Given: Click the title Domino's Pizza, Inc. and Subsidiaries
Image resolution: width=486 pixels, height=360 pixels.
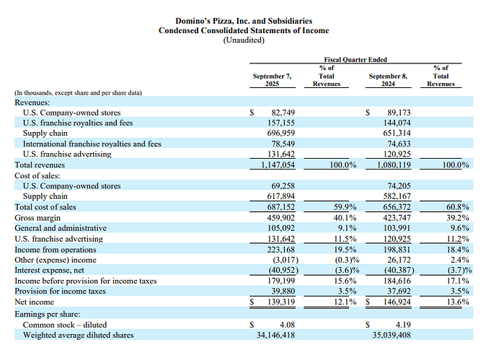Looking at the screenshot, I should [x=243, y=20].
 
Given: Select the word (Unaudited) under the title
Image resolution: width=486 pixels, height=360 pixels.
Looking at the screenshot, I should [x=243, y=40].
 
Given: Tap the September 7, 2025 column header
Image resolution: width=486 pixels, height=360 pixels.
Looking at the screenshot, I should [x=272, y=79].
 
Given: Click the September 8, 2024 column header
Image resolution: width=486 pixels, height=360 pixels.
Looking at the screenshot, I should [x=388, y=79].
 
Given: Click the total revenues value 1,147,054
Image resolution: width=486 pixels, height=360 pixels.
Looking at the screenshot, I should [x=278, y=165].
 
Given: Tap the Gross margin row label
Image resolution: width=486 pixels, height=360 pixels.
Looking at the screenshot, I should [x=38, y=217].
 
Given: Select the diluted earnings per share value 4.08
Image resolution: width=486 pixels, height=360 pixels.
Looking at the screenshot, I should [x=288, y=325].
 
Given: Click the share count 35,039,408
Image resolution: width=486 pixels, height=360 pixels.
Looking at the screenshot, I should [x=390, y=335].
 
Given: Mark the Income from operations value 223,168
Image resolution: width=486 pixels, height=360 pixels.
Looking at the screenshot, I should [x=281, y=248].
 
